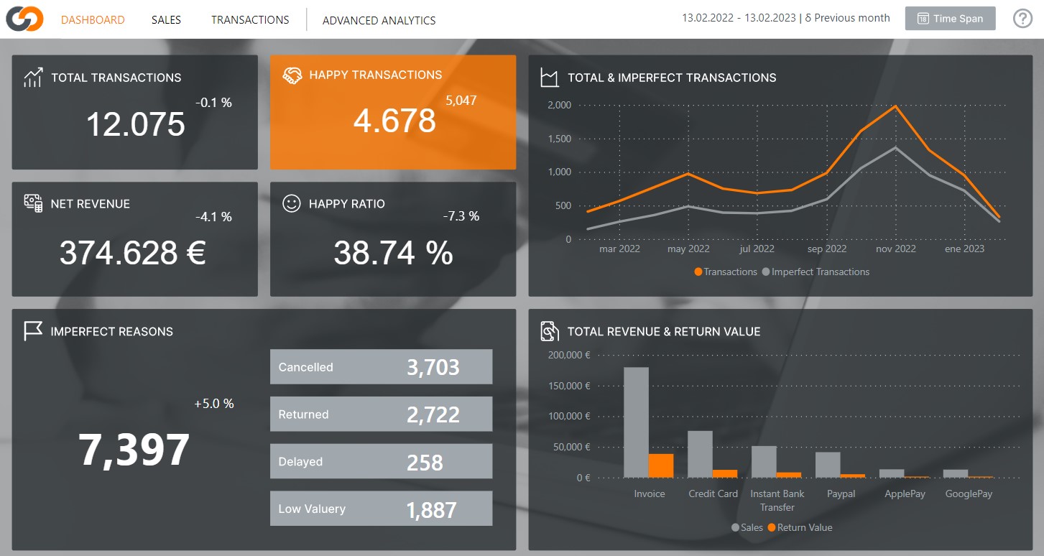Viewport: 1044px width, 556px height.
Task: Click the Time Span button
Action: click(950, 19)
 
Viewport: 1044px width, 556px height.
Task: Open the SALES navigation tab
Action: click(166, 20)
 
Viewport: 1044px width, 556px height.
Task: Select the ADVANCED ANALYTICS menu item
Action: click(379, 21)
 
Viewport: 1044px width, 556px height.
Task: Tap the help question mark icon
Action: click(1022, 19)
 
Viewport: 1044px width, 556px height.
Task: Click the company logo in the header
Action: click(24, 19)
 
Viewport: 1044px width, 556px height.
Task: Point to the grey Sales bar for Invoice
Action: click(636, 422)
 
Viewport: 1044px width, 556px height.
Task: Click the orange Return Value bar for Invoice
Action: click(661, 465)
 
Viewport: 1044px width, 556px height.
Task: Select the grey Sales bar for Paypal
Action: click(828, 465)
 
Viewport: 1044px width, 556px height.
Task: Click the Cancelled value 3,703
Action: click(433, 367)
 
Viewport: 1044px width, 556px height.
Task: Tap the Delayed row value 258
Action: click(425, 463)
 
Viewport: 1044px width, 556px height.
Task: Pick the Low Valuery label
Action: click(312, 509)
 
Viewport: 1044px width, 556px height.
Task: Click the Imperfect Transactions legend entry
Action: click(816, 272)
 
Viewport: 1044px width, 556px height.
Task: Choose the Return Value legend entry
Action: click(800, 527)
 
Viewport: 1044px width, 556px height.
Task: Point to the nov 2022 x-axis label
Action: click(896, 249)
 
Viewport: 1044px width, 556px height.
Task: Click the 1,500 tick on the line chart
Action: click(559, 139)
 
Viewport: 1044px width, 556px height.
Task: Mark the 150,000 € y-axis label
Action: click(569, 386)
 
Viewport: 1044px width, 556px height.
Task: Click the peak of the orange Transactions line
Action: click(895, 106)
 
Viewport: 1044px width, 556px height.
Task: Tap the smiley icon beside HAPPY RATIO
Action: click(291, 204)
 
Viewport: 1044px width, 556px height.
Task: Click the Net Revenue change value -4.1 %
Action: click(213, 217)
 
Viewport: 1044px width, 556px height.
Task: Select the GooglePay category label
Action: click(969, 494)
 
